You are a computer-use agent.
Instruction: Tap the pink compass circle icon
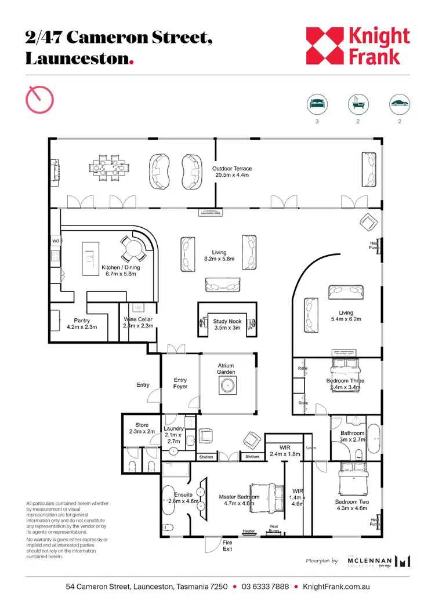39,99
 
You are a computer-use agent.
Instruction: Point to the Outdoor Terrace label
232,172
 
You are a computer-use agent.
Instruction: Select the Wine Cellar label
138,323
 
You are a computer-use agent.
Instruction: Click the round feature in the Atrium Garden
226,385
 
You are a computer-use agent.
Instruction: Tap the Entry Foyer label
180,383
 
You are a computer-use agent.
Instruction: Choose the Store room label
142,428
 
